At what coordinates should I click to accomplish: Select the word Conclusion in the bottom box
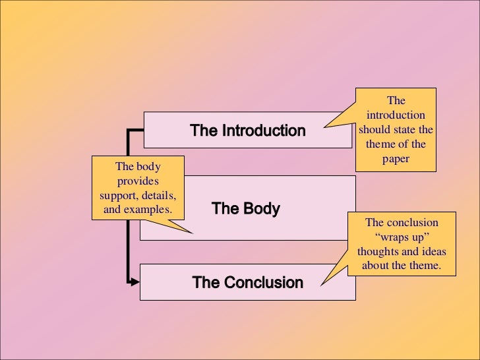pos(264,283)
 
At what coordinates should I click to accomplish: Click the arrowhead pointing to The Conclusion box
pos(136,282)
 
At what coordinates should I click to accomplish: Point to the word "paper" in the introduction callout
pos(396,159)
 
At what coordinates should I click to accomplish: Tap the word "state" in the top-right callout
pos(405,130)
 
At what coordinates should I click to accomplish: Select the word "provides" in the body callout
pos(138,181)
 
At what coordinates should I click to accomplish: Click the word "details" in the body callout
pos(160,195)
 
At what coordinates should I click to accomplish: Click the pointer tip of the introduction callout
pos(324,126)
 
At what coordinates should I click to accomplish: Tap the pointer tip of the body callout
pos(193,232)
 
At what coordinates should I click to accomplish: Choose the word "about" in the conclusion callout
pos(376,266)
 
